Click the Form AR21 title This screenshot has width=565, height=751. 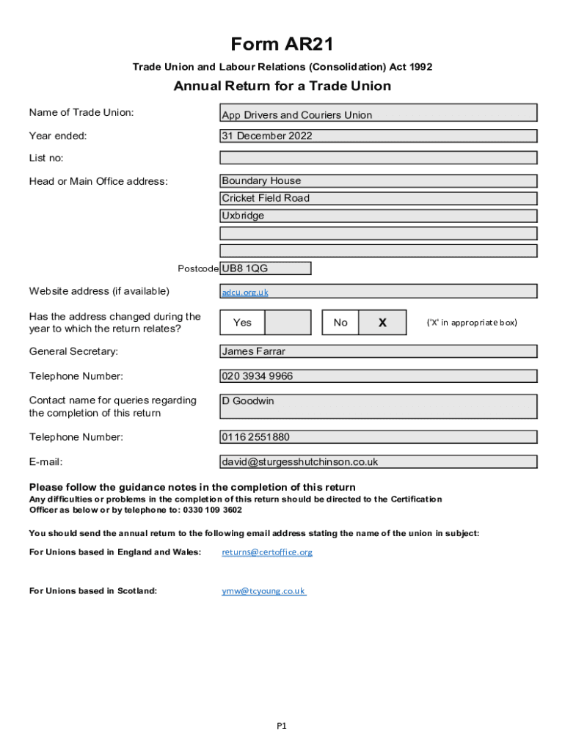(x=282, y=45)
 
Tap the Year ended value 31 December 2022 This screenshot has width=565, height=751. (x=378, y=136)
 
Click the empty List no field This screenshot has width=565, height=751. (x=378, y=158)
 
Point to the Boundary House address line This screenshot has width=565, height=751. (x=378, y=180)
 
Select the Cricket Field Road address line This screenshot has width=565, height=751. (x=378, y=198)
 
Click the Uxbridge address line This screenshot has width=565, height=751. (x=378, y=216)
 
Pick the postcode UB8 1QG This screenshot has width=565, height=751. (x=266, y=268)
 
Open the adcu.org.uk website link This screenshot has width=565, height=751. (x=245, y=292)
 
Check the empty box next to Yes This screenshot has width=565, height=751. (x=287, y=323)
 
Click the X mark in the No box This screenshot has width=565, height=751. (x=382, y=323)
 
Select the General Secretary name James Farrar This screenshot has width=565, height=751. (x=378, y=351)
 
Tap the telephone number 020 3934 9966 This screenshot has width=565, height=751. (x=378, y=376)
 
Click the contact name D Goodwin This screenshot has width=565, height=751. (x=378, y=406)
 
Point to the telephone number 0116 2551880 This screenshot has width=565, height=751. (x=378, y=437)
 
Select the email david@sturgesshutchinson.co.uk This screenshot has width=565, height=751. (x=378, y=462)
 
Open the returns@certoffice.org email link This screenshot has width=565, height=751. (x=267, y=552)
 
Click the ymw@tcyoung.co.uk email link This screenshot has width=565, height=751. (x=263, y=590)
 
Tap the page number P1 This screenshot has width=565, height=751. (x=282, y=726)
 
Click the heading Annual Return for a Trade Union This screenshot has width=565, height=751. (x=282, y=87)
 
